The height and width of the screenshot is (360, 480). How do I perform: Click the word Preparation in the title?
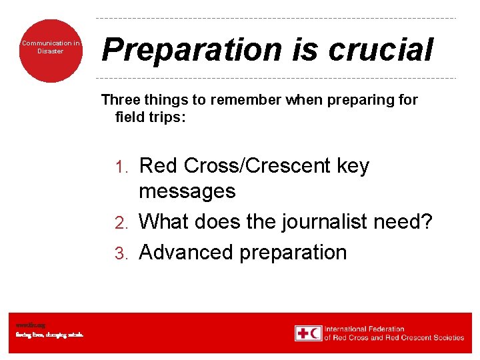click(181, 50)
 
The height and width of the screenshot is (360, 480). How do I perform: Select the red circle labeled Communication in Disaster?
click(51, 50)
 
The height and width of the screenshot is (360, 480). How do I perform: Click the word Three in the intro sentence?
click(120, 100)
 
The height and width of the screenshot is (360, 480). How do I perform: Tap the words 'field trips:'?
click(151, 117)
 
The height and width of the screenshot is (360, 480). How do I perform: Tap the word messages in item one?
click(187, 191)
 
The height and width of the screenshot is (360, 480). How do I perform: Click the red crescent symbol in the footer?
click(315, 333)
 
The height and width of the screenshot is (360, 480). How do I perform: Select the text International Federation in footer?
click(364, 329)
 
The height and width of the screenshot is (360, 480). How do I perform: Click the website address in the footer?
click(31, 325)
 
